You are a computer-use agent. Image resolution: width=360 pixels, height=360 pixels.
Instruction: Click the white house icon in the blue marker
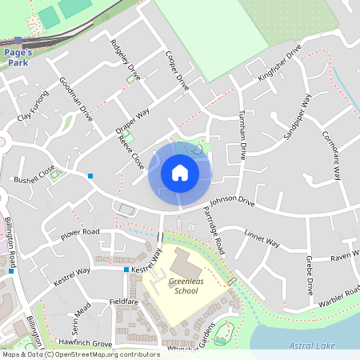point(180,172)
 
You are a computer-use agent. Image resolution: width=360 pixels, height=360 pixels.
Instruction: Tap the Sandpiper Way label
point(297,118)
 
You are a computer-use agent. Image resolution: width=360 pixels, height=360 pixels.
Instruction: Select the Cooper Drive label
point(176,70)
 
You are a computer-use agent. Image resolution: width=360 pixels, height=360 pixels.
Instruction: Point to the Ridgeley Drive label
point(126,60)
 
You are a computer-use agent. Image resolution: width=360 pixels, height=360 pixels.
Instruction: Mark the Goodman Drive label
point(76,99)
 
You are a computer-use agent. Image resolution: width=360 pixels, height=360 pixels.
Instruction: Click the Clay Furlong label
point(33,106)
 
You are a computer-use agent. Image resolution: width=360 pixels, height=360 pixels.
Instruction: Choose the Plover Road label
point(79,234)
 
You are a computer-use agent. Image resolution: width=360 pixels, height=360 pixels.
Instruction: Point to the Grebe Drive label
point(309,275)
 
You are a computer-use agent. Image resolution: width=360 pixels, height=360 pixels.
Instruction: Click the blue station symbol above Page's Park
point(18,40)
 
